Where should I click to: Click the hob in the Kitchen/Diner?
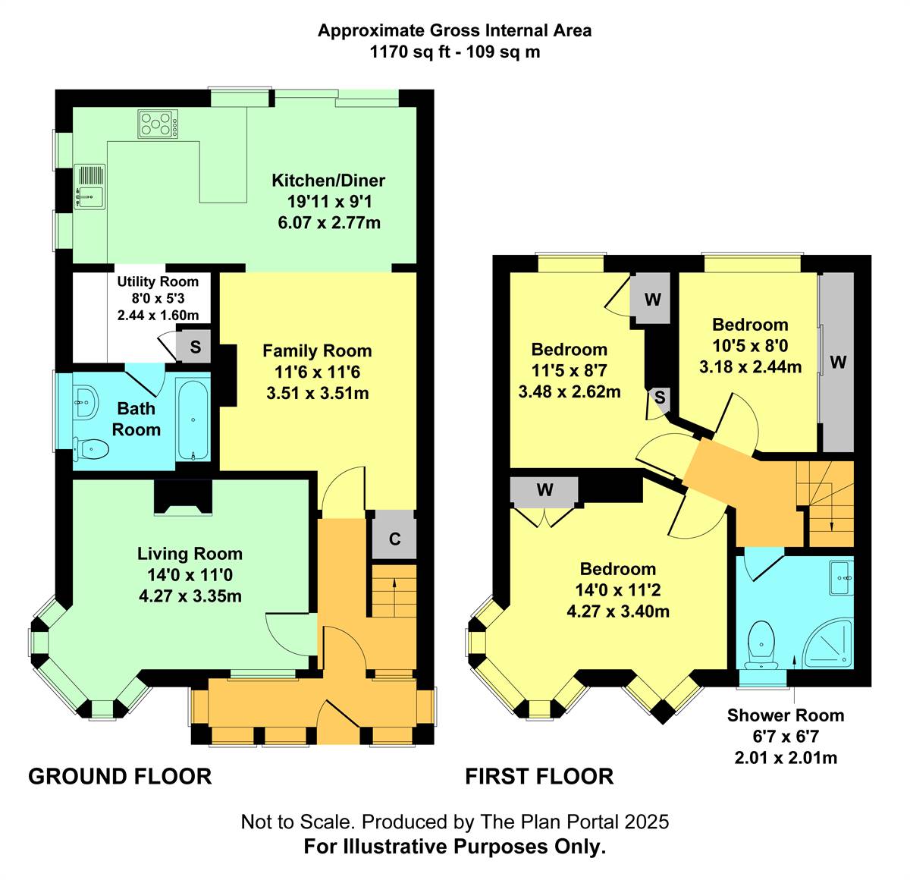[x=158, y=124]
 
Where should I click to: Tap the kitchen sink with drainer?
[x=89, y=187]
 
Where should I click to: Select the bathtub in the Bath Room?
[x=193, y=420]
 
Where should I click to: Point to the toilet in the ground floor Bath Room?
[x=91, y=450]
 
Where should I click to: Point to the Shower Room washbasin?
[x=841, y=578]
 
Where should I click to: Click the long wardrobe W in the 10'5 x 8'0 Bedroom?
[x=838, y=362]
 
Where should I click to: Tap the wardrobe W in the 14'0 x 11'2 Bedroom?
[x=544, y=490]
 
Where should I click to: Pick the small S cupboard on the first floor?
[x=660, y=398]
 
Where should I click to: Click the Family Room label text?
[x=317, y=351]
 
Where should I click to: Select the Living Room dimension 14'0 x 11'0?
[x=190, y=574]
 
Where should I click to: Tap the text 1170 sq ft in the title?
[x=406, y=52]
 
